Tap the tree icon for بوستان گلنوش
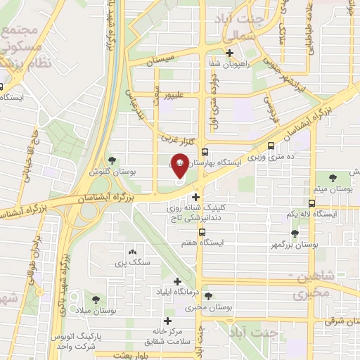coord(113,161)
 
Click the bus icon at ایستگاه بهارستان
coord(204,151)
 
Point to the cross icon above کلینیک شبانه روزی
coord(196,198)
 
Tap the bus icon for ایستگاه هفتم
coord(202,231)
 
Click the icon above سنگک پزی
coord(131,252)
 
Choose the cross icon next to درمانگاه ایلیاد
coord(158,290)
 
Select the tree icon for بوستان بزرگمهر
coord(294,238)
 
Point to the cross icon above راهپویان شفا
coord(229,53)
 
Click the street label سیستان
coord(160,62)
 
